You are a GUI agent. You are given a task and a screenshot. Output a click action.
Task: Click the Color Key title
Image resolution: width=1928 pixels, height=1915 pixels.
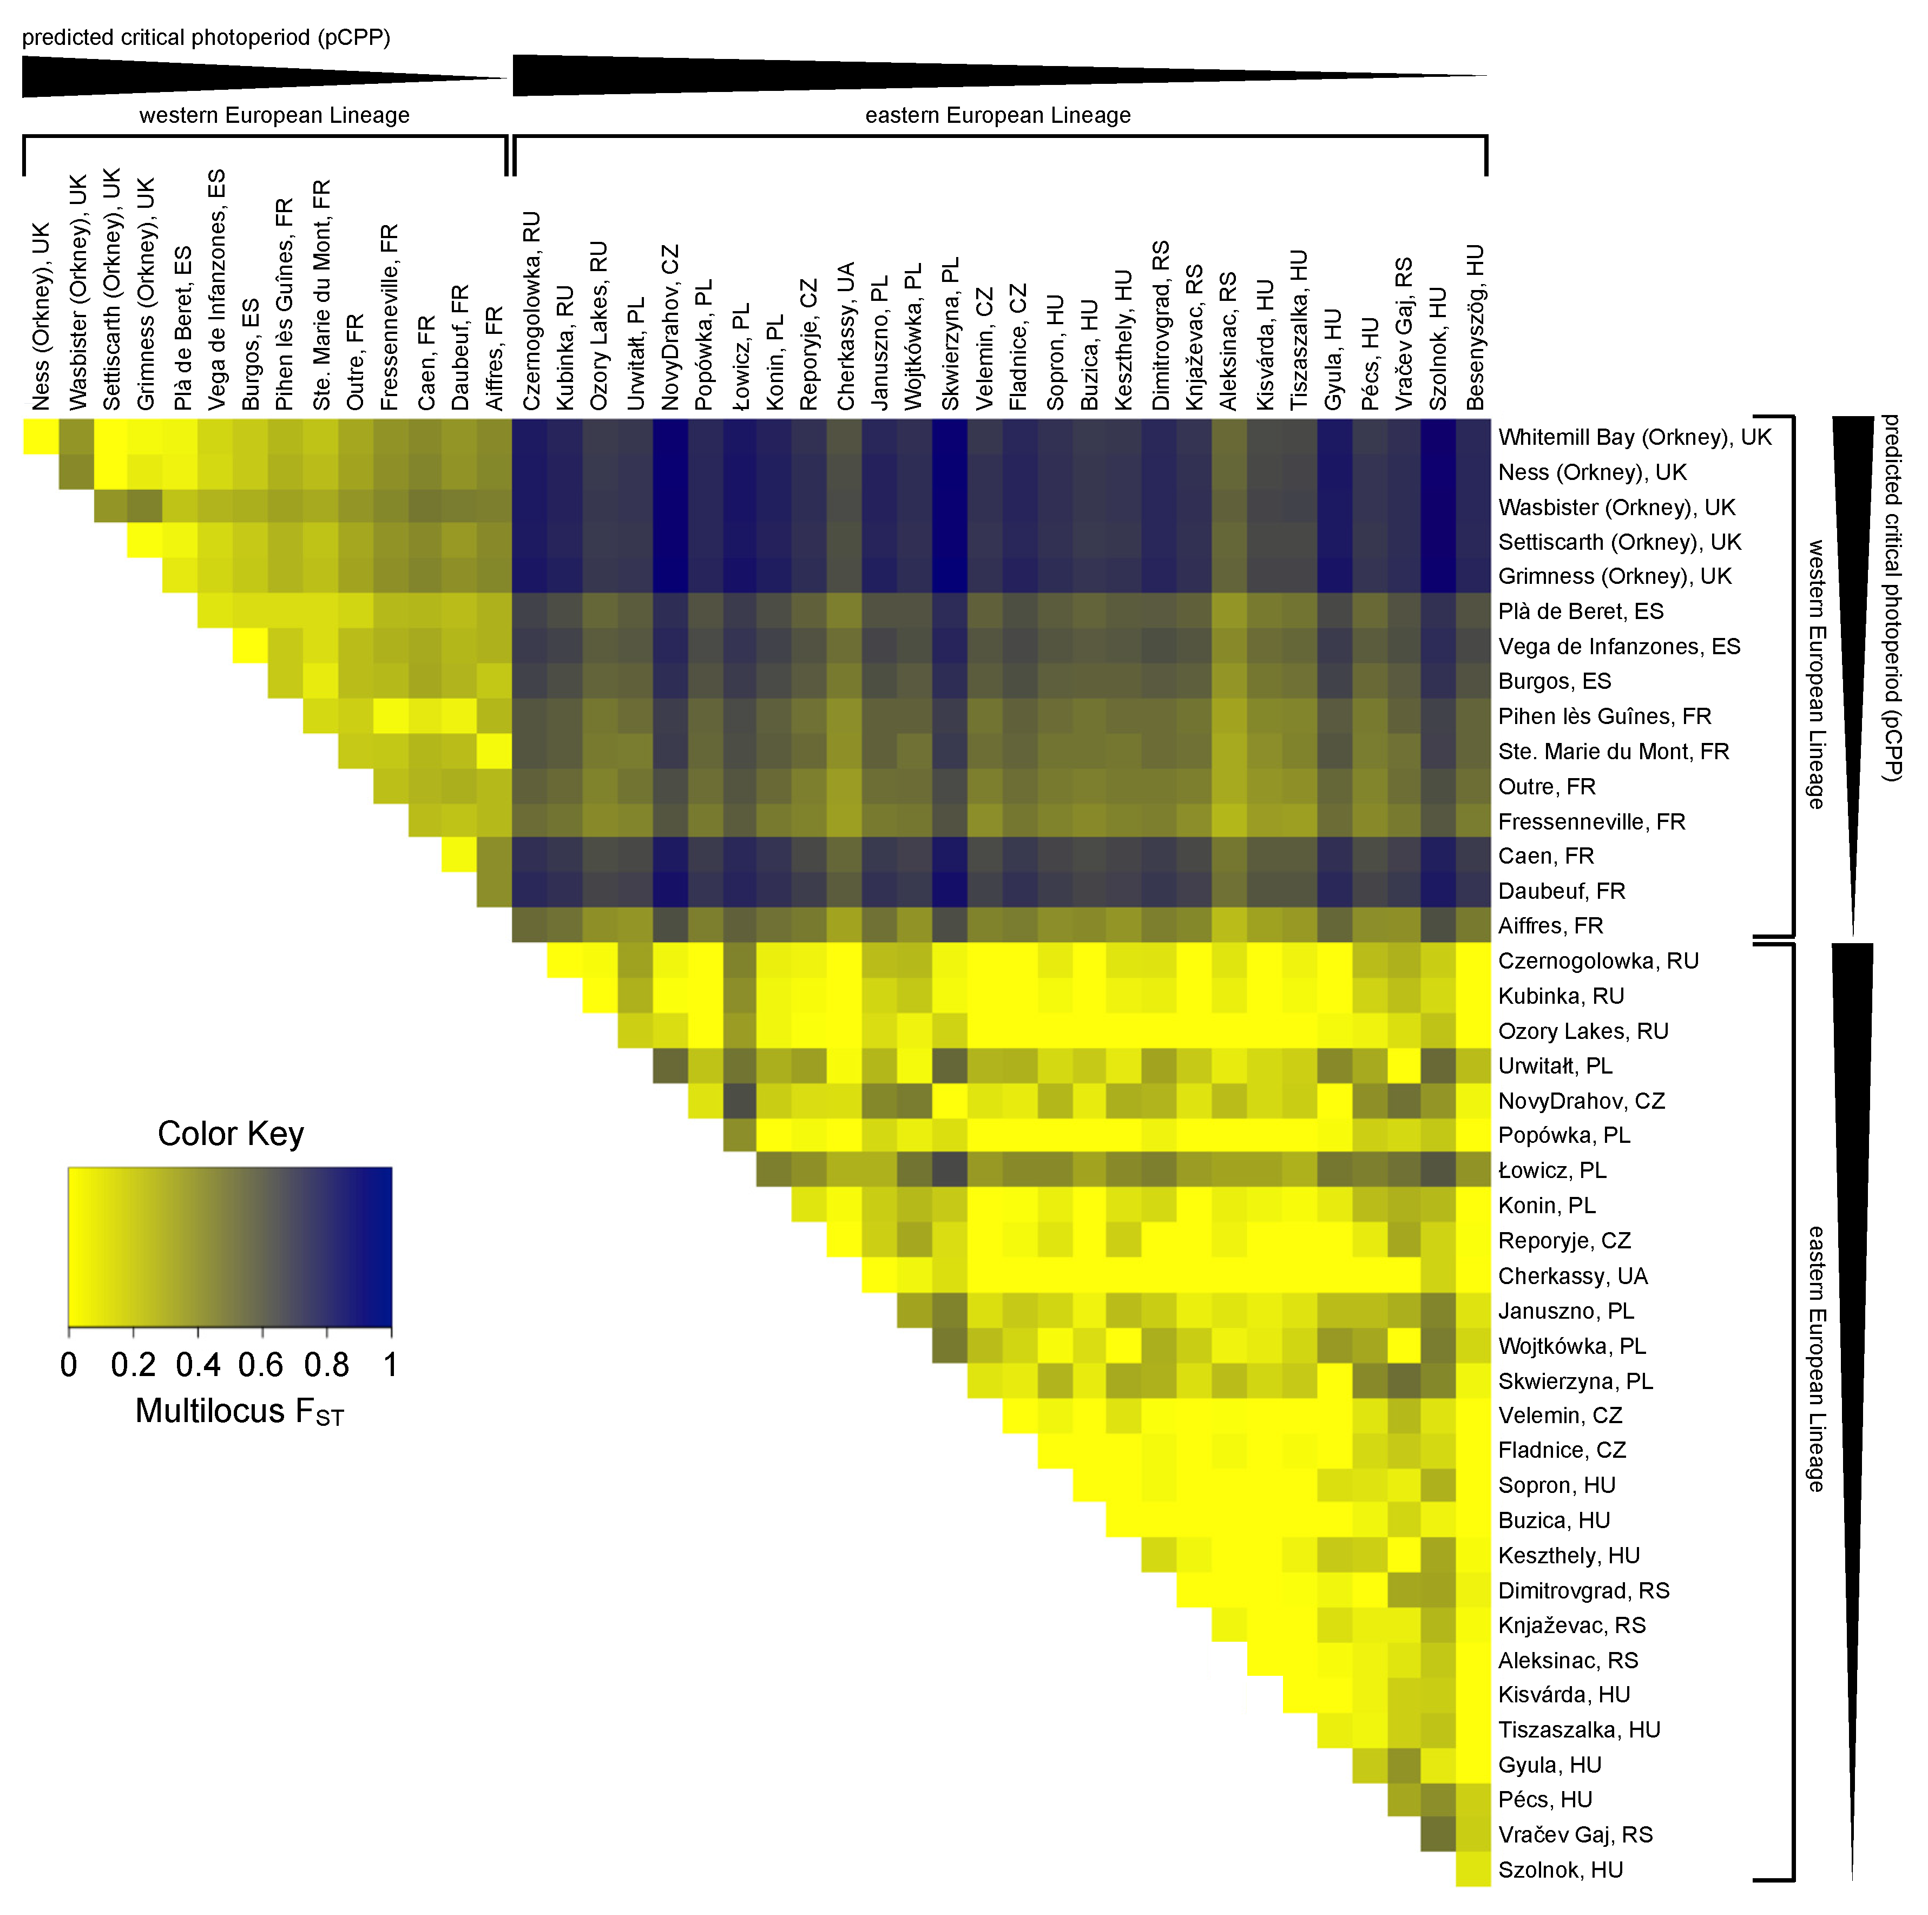click(x=231, y=1134)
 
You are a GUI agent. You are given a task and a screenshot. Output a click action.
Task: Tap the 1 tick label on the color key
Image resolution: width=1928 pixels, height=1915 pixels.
click(x=390, y=1364)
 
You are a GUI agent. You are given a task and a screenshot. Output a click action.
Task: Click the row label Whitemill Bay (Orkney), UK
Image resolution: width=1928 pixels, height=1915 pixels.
click(x=1634, y=437)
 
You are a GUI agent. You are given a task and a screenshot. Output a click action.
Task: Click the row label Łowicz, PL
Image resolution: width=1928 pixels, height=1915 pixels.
click(x=1552, y=1170)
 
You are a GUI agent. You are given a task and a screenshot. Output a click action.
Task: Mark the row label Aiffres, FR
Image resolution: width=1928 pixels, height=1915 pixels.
click(x=1550, y=926)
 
